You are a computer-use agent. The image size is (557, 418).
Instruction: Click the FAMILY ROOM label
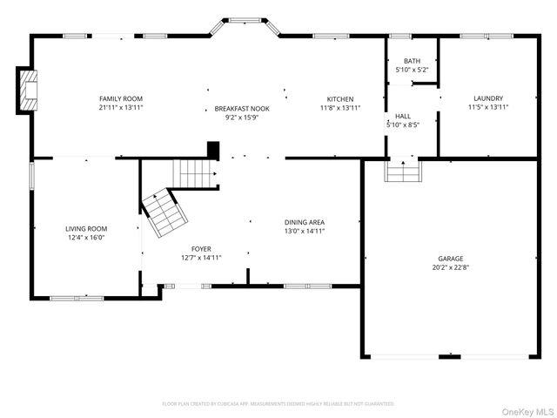tap(120, 98)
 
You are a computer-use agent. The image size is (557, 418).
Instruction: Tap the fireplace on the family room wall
tap(28, 90)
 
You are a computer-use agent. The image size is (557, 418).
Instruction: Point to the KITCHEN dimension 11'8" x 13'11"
tap(339, 108)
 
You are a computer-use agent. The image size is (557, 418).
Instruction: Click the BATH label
tap(412, 61)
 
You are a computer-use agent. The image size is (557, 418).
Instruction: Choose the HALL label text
tap(402, 116)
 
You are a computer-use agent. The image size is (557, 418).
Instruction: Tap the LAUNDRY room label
tap(487, 98)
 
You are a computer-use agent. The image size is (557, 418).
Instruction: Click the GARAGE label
tap(450, 259)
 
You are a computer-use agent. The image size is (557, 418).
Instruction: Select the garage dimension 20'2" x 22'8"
tap(450, 267)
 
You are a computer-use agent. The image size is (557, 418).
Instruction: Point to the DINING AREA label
tap(305, 223)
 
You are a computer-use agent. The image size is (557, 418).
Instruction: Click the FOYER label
tap(201, 249)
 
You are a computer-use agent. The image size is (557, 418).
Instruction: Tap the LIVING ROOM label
tap(86, 228)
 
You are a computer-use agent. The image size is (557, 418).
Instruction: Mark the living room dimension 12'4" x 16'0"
tap(86, 237)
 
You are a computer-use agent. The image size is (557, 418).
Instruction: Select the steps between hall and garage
tap(402, 171)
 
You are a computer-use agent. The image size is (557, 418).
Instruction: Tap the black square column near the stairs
tap(211, 149)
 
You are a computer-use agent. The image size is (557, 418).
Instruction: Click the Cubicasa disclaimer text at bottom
tap(278, 404)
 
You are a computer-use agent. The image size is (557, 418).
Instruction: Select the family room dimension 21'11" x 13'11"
tap(120, 108)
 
